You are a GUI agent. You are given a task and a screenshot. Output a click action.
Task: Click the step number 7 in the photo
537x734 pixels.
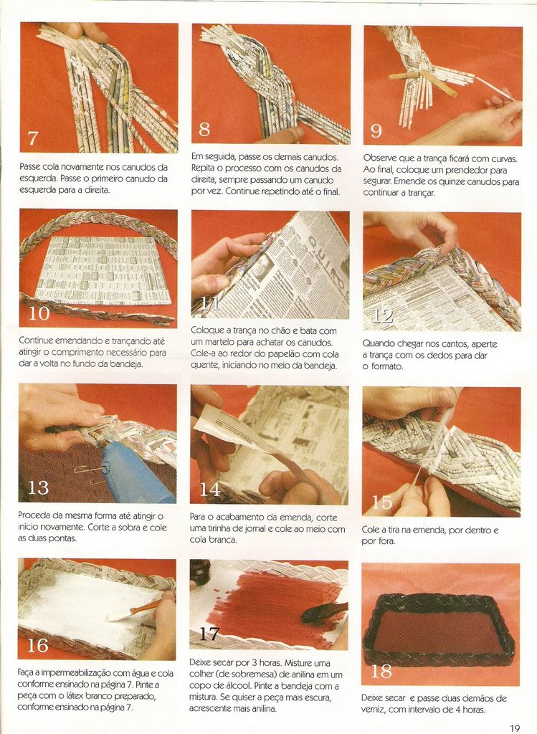32,138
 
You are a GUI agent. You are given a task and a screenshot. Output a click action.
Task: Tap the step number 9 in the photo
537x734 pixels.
376,130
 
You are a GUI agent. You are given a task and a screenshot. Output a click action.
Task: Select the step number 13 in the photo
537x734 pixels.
38,487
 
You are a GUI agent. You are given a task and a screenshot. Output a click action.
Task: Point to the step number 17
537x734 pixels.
209,634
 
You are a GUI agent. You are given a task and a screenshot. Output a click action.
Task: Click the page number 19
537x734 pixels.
515,728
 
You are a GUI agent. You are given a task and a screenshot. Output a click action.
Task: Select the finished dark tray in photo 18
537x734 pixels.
440,629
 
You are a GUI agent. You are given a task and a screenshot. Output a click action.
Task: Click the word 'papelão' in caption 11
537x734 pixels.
268,354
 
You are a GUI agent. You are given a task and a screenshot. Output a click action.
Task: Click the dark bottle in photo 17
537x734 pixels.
200,572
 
